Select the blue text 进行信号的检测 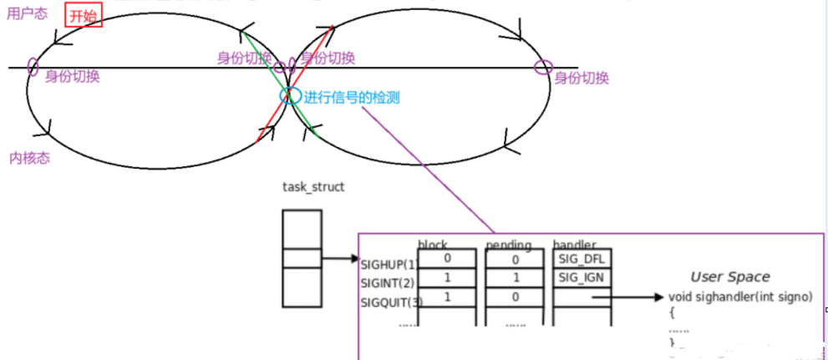point(352,98)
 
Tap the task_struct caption point(313,187)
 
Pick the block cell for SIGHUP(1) point(447,259)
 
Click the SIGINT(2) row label point(387,281)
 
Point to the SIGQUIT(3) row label point(389,301)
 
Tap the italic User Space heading point(729,277)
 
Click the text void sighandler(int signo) point(740,297)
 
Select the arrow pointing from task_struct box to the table point(339,258)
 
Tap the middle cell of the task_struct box point(302,258)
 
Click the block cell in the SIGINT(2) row point(447,277)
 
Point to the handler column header point(577,245)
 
